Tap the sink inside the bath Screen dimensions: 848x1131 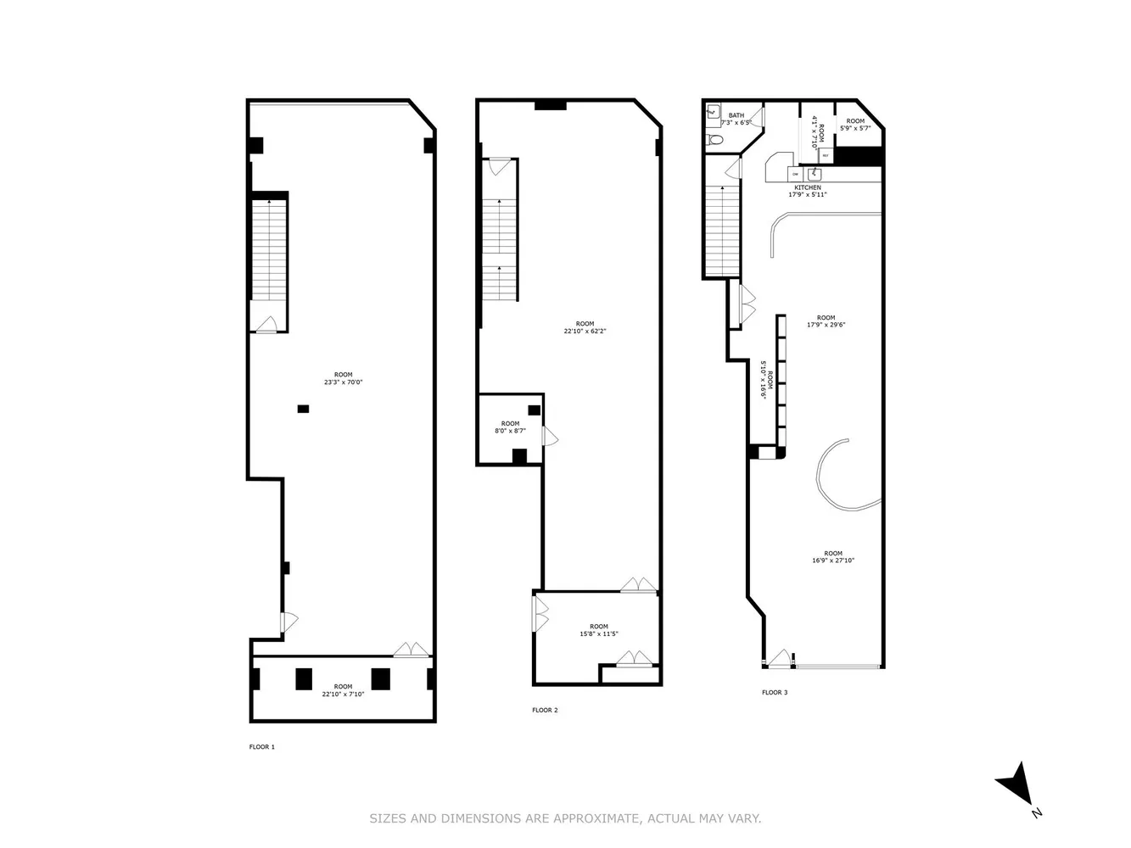tap(713, 111)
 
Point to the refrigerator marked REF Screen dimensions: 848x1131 tap(825, 155)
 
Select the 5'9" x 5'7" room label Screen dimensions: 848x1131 tap(855, 125)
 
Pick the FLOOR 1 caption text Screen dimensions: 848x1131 tap(261, 747)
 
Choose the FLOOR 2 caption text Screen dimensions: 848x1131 tap(545, 710)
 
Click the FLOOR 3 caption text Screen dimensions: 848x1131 tap(775, 692)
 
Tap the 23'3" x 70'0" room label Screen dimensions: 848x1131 tap(343, 378)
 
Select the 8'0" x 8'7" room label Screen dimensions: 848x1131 tap(510, 427)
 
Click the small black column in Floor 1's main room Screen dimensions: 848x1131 tap(303, 409)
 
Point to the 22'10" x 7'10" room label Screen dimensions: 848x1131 tap(343, 690)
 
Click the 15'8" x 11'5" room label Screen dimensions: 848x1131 tap(599, 630)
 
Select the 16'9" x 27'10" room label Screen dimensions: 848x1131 tap(832, 557)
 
